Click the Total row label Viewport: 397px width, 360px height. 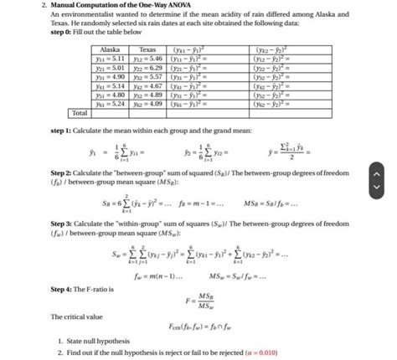[80, 114]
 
